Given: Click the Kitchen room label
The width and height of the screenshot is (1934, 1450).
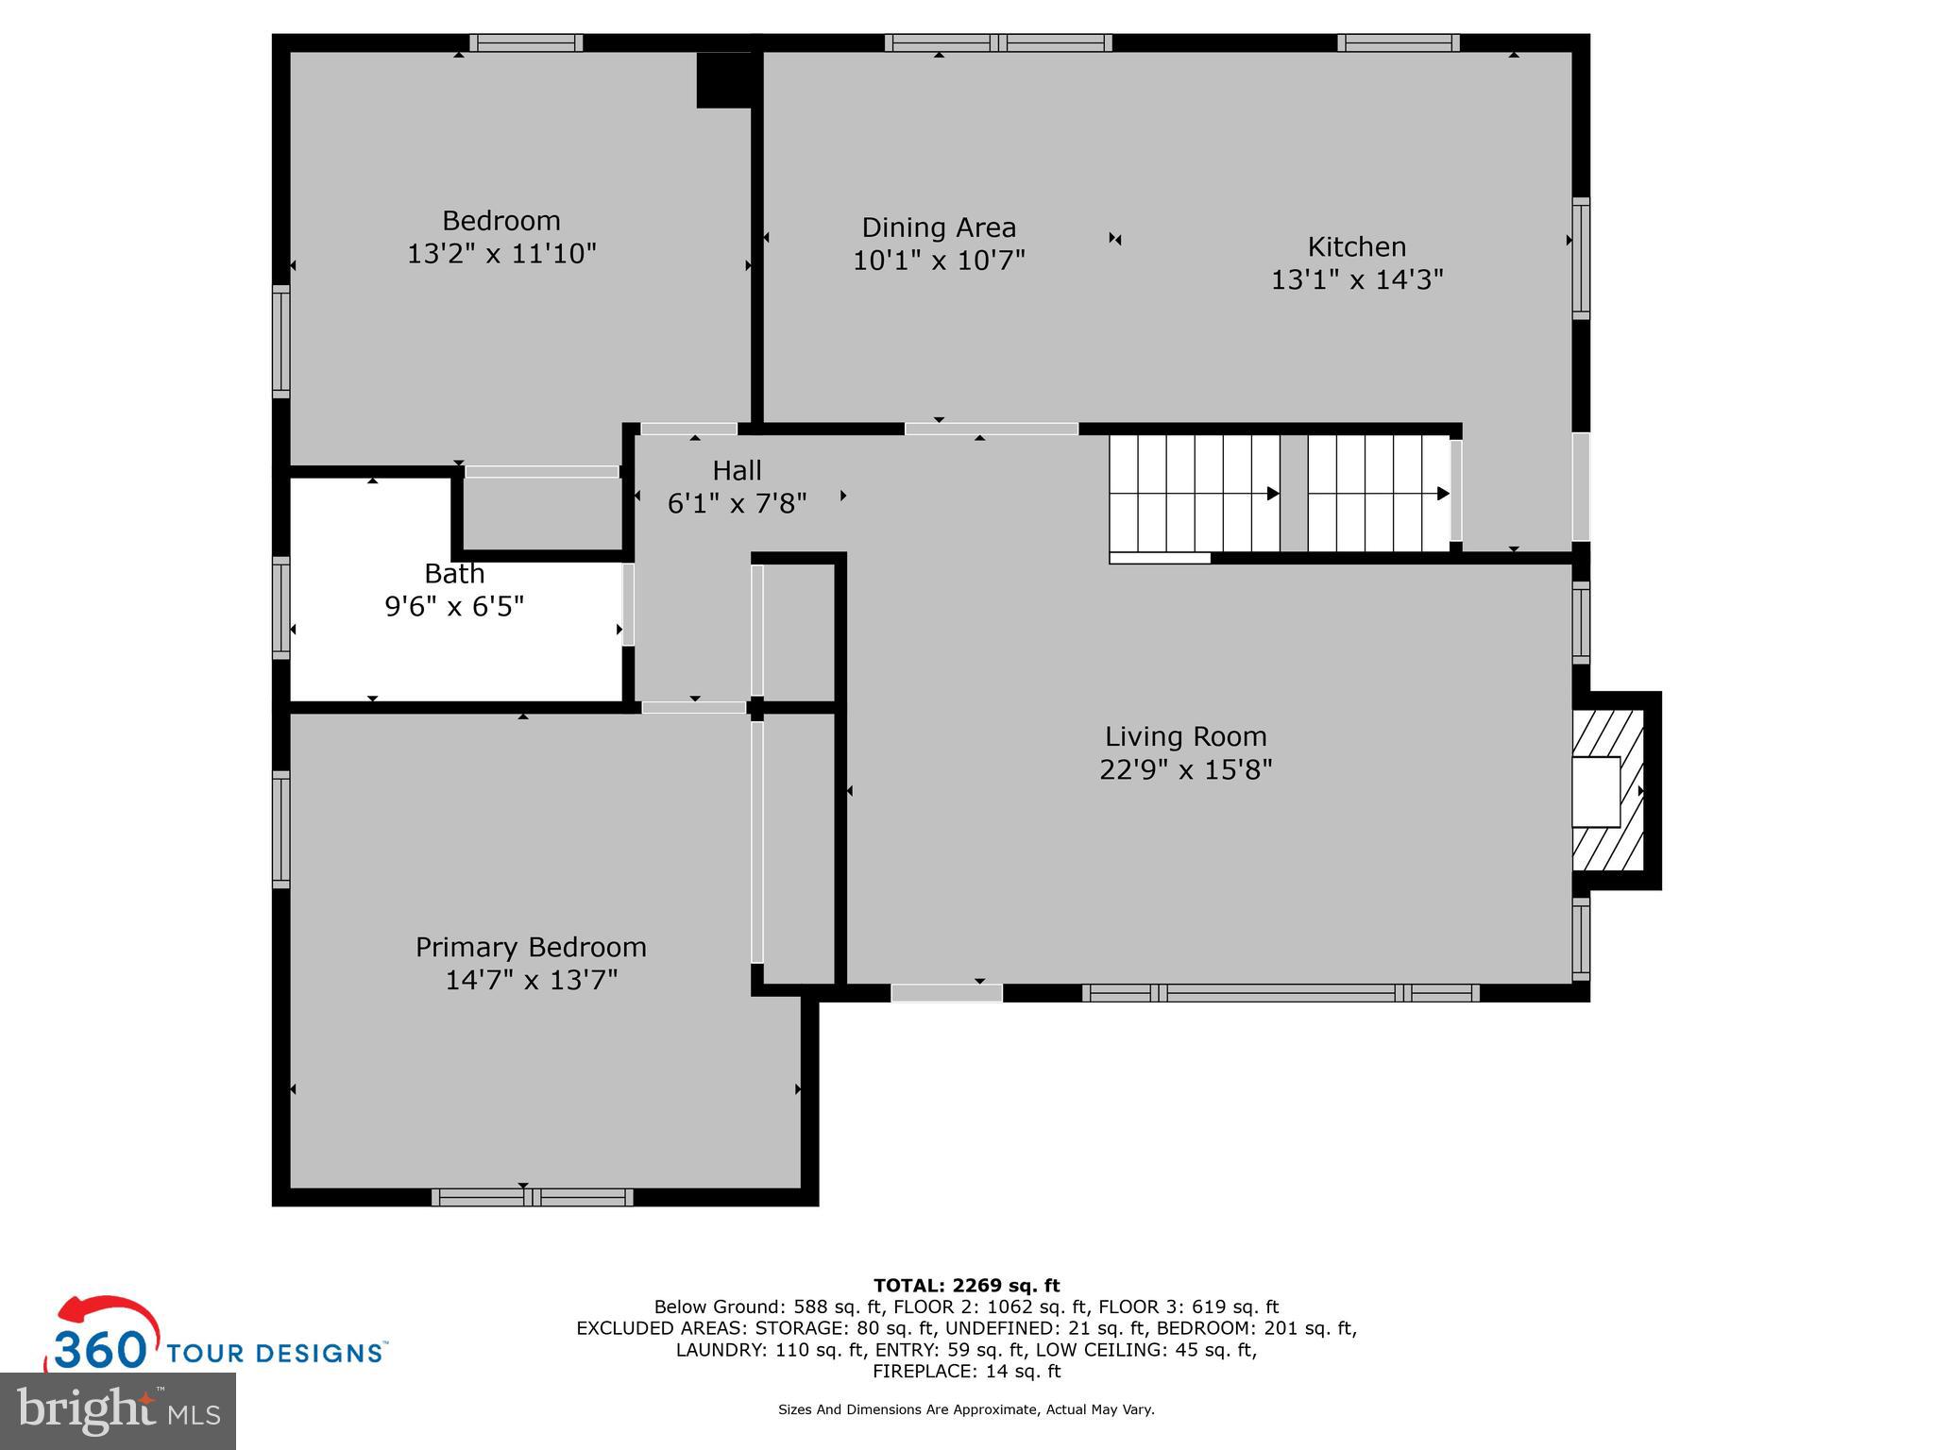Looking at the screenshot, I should [1356, 247].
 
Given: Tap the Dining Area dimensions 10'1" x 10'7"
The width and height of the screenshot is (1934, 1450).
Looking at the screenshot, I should [939, 261].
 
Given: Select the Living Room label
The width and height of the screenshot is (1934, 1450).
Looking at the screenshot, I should [1185, 736].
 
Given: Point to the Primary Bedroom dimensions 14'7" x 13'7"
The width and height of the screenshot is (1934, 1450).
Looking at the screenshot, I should [531, 980].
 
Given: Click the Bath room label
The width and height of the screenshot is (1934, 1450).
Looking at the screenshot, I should [454, 573].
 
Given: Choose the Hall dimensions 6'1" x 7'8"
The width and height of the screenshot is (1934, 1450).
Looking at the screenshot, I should [737, 504].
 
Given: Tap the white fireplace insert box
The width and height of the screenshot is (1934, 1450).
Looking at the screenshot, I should [1595, 792].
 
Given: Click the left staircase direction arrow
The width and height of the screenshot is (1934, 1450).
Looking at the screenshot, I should [1272, 494].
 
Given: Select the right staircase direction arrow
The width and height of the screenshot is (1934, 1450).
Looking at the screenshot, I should [1442, 494].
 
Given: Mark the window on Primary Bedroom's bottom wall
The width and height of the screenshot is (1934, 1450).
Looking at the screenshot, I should [533, 1197].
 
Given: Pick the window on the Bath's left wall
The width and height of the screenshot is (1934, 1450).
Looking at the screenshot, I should [280, 607].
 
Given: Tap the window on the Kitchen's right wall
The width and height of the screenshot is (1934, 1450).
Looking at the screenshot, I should [1580, 258].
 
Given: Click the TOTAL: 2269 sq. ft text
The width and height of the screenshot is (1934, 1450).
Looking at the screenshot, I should [966, 1286].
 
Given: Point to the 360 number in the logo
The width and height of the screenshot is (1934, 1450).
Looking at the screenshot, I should [100, 1350].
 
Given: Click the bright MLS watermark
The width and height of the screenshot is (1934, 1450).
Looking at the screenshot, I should [117, 1410].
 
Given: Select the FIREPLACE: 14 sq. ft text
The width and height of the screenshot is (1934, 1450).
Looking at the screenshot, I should [966, 1372].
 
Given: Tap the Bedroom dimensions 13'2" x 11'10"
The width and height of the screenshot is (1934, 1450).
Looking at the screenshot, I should [501, 254].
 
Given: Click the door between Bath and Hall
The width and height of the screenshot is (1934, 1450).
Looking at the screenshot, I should [628, 604].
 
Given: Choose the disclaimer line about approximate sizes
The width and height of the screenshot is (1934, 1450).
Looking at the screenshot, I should [966, 1409].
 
